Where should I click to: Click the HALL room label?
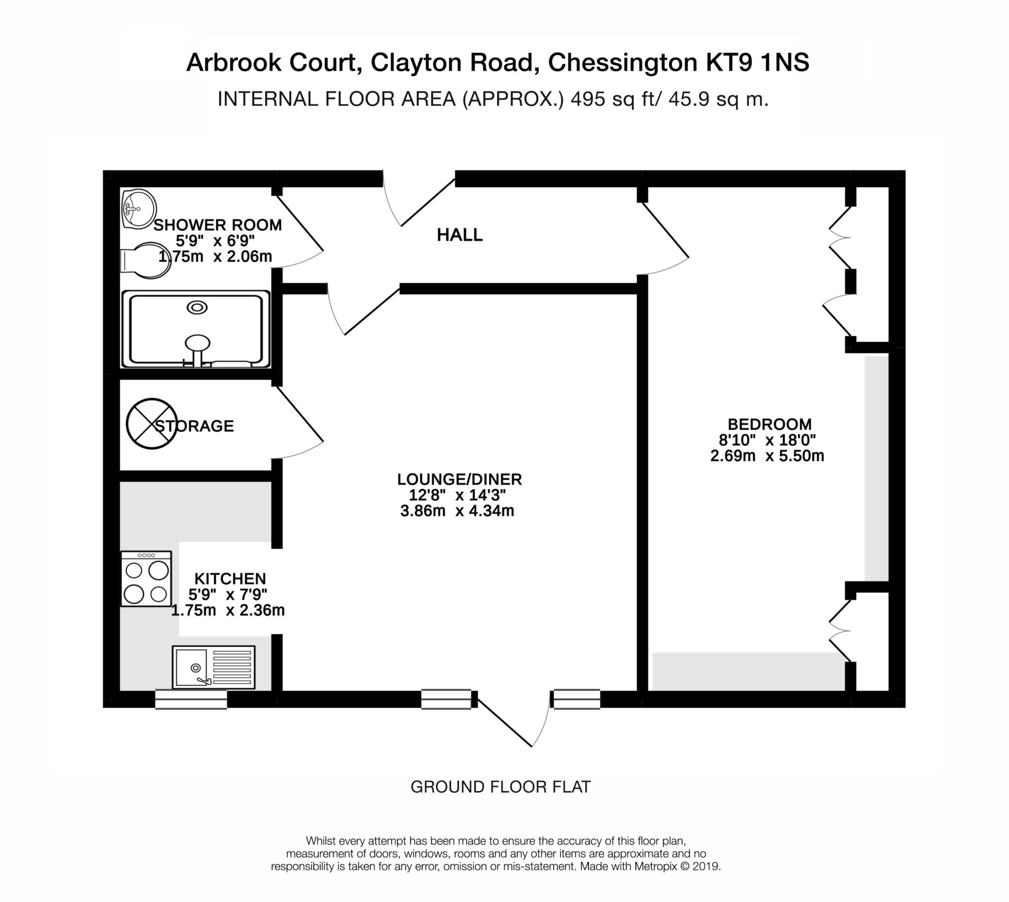click(x=459, y=235)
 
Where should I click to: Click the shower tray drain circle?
click(x=197, y=308)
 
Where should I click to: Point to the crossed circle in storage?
click(x=151, y=424)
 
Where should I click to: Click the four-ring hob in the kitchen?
click(x=146, y=579)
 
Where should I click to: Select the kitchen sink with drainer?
click(x=213, y=667)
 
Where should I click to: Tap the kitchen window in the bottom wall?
click(x=191, y=699)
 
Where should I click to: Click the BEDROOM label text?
click(x=769, y=424)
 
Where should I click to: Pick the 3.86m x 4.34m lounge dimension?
click(x=457, y=511)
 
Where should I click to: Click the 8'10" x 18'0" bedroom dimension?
click(x=767, y=440)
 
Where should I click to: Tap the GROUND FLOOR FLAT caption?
click(x=500, y=786)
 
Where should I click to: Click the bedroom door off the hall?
click(x=665, y=232)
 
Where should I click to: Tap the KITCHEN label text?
click(x=230, y=579)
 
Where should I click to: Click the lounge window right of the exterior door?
click(x=576, y=699)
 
